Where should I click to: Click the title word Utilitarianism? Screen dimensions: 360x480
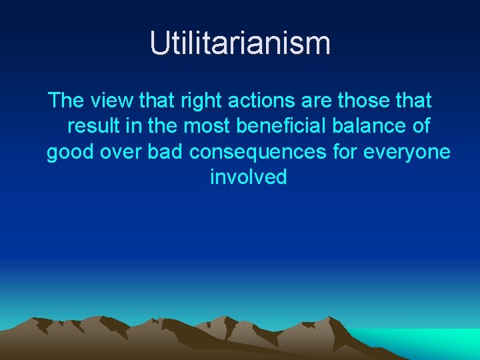coord(240,43)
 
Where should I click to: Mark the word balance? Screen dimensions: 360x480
coord(373,127)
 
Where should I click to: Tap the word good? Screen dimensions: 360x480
coord(71,153)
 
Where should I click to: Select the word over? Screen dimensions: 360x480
coord(121,153)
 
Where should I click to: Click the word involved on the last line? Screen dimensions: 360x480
coord(249,177)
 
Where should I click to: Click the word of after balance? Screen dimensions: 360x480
coord(421,127)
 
